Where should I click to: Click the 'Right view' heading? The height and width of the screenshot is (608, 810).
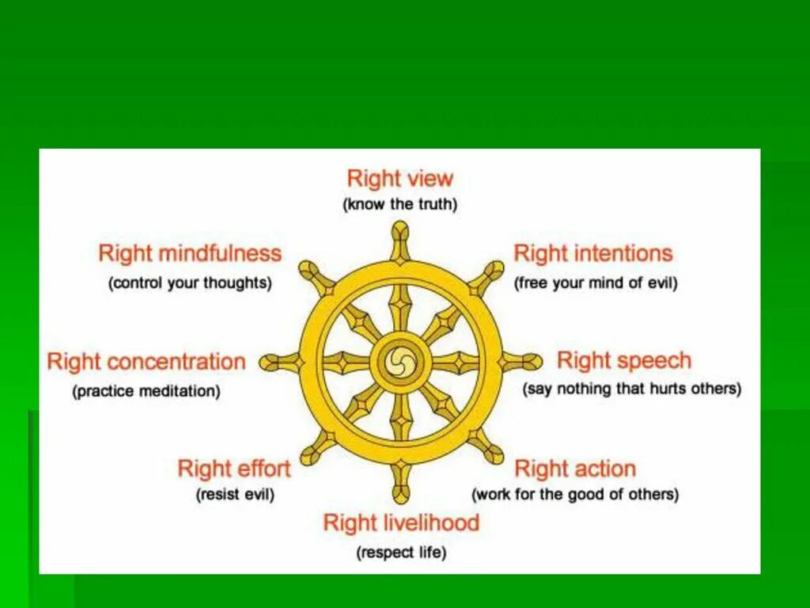pos(400,178)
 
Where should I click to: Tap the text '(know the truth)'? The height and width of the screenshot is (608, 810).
pos(400,204)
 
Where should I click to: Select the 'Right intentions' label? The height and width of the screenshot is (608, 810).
pos(592,253)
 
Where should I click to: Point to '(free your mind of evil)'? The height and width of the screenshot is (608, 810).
pos(596,283)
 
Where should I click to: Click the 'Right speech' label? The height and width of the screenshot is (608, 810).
pos(624,361)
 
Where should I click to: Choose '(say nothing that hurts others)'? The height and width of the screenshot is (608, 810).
pos(631,389)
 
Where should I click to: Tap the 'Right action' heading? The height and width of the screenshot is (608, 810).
pos(575,469)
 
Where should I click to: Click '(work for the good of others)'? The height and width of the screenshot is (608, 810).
pos(575,495)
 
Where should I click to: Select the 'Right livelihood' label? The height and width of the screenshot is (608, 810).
pos(401,522)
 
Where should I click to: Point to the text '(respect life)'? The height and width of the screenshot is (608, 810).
pos(401,553)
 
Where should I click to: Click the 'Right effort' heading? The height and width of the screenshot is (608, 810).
pos(234,469)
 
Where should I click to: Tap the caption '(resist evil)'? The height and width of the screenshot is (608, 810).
pos(235,495)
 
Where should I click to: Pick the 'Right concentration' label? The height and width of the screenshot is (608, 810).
pos(146,362)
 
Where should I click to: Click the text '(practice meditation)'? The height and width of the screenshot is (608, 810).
pos(146,391)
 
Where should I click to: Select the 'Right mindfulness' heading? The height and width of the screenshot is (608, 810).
pos(190,253)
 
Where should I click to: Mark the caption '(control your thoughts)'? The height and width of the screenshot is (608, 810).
pos(190,283)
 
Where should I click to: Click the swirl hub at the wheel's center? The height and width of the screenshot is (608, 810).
pos(400,363)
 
